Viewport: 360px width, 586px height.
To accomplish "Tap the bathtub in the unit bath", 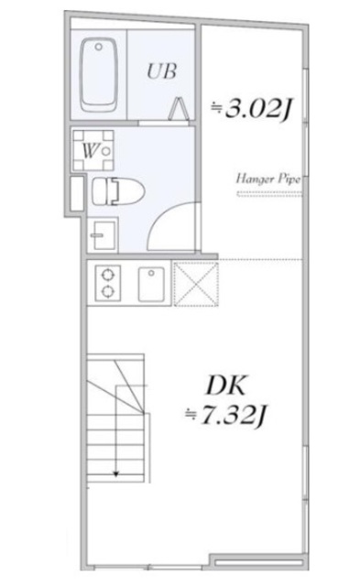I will point(99,73).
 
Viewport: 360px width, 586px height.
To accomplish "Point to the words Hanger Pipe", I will point(267,179).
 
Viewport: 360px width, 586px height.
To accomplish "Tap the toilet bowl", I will point(117,191).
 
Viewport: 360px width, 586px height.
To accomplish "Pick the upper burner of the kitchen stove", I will point(108,273).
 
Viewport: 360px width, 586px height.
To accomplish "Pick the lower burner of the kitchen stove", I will point(108,291).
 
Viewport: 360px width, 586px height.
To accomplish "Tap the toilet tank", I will point(98,191).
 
